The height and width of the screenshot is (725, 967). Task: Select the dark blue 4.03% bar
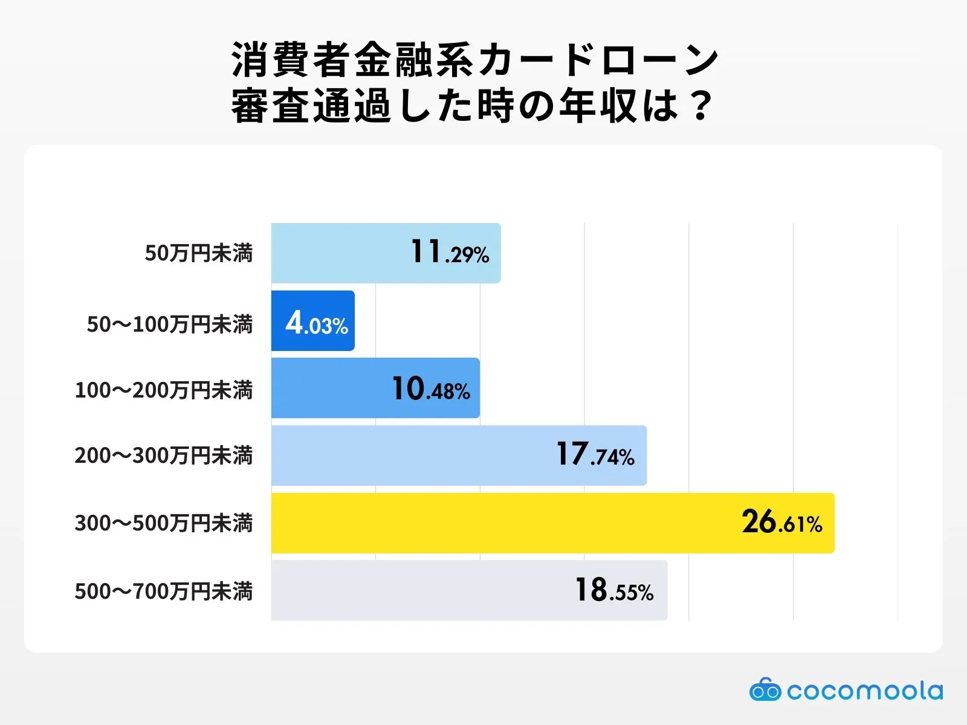pyautogui.click(x=312, y=321)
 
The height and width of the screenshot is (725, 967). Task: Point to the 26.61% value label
pyautogui.click(x=782, y=523)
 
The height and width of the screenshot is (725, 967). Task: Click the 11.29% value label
pyautogui.click(x=450, y=253)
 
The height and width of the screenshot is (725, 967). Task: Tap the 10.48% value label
pyautogui.click(x=431, y=388)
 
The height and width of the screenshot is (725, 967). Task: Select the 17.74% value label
pyautogui.click(x=595, y=455)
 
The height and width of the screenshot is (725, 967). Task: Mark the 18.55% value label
pyautogui.click(x=614, y=590)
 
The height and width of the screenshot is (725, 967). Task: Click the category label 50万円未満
pyautogui.click(x=198, y=253)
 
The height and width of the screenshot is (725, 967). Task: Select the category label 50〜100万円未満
pyautogui.click(x=169, y=324)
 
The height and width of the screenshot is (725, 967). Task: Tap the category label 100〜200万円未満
pyautogui.click(x=163, y=390)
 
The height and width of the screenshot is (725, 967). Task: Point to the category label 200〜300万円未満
pyautogui.click(x=163, y=456)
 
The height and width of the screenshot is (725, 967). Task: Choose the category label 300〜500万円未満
pyautogui.click(x=163, y=523)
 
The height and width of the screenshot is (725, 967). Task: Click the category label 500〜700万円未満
pyautogui.click(x=163, y=591)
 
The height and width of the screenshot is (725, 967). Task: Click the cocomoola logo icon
pyautogui.click(x=765, y=690)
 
